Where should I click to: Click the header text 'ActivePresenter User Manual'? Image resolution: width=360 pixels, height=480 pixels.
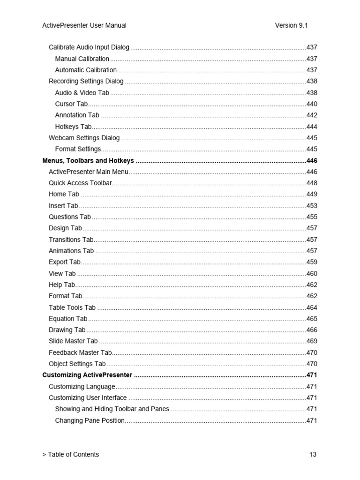click(84, 25)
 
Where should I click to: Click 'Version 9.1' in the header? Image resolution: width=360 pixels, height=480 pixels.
click(291, 25)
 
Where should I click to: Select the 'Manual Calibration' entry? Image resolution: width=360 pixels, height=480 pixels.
click(82, 59)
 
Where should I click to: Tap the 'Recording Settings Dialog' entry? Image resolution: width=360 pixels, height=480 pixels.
click(86, 81)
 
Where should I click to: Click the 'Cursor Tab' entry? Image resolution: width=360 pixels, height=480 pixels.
click(71, 104)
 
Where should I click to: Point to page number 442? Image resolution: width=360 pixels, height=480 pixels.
click(312, 115)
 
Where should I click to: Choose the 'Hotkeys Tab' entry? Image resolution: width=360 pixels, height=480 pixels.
click(73, 127)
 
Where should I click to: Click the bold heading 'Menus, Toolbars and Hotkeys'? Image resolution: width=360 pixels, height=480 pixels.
click(88, 161)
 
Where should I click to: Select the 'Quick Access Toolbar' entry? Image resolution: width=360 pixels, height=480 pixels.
click(80, 183)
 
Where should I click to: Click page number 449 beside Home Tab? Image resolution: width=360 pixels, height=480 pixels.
click(312, 194)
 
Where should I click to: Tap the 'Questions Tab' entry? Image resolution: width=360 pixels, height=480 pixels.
click(70, 217)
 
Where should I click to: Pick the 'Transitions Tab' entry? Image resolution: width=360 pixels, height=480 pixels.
click(71, 240)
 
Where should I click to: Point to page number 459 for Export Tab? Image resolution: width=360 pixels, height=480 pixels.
click(312, 262)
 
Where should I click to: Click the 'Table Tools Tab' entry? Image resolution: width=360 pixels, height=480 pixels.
click(72, 307)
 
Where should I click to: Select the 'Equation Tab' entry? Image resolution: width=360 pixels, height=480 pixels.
click(68, 319)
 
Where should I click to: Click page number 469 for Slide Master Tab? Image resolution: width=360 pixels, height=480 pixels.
click(312, 341)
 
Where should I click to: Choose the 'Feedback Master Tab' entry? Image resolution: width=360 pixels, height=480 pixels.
click(80, 352)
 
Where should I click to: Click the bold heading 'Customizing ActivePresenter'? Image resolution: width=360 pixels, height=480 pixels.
click(87, 375)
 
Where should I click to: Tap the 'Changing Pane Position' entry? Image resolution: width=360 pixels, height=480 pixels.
click(90, 420)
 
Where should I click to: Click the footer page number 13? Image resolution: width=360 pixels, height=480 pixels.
click(313, 454)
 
